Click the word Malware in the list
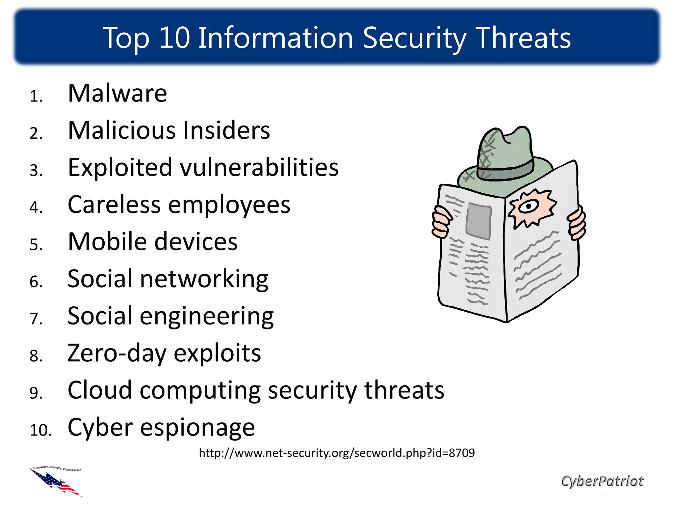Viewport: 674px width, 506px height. (x=117, y=94)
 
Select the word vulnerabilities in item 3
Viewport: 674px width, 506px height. (x=259, y=167)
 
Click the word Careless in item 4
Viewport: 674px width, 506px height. (x=114, y=205)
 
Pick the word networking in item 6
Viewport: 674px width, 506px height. (x=204, y=279)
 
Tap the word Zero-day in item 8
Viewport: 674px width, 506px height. (x=117, y=353)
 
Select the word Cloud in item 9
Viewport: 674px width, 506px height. (x=99, y=390)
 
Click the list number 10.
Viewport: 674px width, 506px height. (x=40, y=430)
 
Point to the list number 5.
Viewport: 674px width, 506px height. (x=36, y=245)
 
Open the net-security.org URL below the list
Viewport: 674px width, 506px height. (x=337, y=453)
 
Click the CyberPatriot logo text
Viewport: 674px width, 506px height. (x=602, y=481)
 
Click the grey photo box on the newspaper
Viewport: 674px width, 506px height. (x=479, y=221)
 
